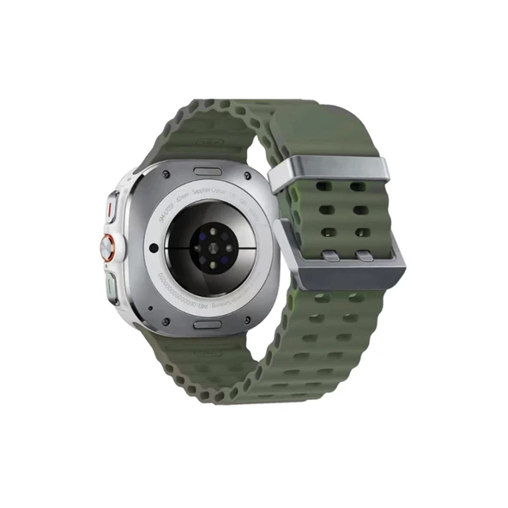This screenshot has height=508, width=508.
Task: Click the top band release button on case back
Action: [x=209, y=172]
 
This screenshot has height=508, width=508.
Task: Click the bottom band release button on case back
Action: [x=209, y=325]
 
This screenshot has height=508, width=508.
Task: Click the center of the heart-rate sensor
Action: [x=210, y=248]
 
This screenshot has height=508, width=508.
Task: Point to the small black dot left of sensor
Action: [x=154, y=248]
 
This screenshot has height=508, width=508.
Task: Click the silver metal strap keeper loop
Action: [x=329, y=172]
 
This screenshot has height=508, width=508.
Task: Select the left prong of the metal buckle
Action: [x=330, y=255]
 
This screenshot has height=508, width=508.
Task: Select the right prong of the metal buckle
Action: [x=365, y=256]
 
